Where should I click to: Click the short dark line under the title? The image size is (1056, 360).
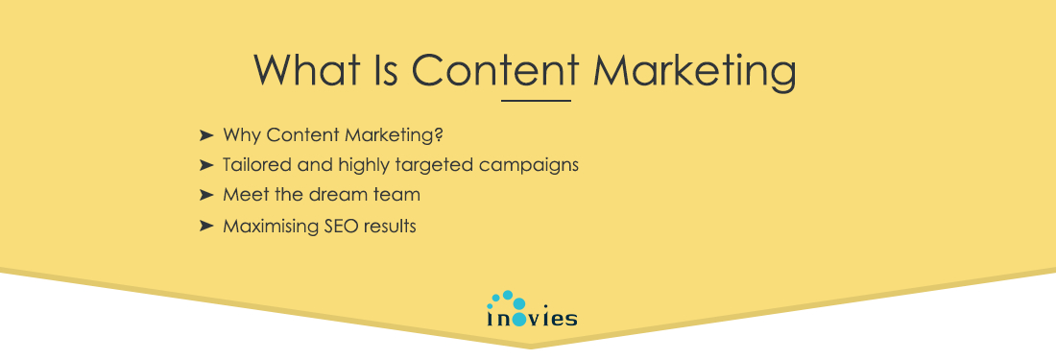click(x=536, y=99)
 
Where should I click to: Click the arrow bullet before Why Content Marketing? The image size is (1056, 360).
click(x=205, y=132)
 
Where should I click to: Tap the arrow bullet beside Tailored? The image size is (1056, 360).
click(x=205, y=164)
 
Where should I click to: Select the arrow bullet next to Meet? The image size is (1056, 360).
click(x=205, y=195)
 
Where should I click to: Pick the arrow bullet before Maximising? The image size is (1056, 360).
click(x=205, y=227)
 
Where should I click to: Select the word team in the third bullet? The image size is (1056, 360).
click(x=401, y=195)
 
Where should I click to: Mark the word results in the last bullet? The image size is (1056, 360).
click(x=389, y=227)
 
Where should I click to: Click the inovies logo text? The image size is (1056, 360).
click(x=532, y=318)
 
